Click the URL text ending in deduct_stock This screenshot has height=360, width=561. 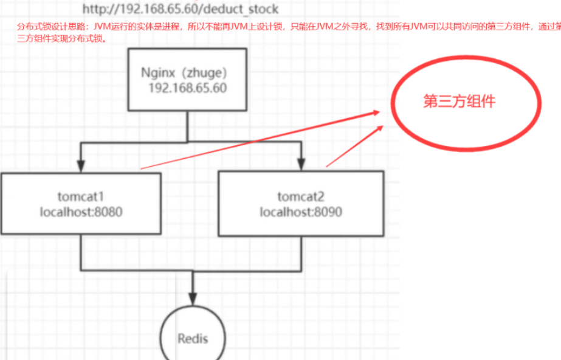tap(181, 9)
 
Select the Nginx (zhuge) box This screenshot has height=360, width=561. tap(187, 80)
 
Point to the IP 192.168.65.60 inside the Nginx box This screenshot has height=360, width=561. tap(188, 88)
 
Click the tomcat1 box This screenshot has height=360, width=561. tap(81, 204)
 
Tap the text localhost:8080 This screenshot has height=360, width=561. tap(81, 212)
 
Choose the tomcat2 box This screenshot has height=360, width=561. tap(301, 204)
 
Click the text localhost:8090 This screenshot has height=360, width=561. tap(301, 212)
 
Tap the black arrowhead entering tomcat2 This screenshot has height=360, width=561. tap(301, 165)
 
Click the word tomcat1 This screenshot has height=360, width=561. tap(81, 196)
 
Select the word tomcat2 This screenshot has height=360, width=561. tap(301, 196)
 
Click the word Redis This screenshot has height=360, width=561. tap(193, 338)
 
